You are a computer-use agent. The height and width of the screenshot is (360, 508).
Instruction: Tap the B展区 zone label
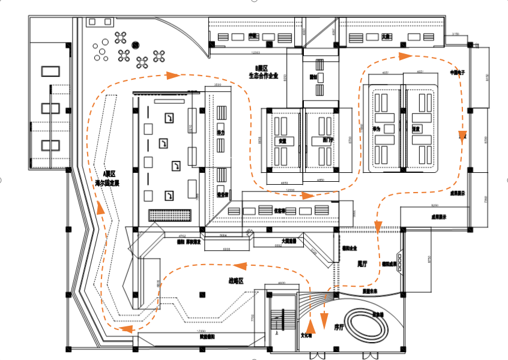pos(261,68)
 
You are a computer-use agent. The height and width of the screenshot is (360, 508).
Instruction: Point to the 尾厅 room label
pos(361,262)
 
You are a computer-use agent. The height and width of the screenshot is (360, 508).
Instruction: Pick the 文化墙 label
pos(307,335)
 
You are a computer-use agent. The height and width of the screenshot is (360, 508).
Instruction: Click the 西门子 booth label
pos(318,140)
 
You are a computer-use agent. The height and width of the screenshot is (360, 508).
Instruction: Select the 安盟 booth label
pos(282,140)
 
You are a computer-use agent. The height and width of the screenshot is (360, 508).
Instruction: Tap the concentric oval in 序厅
pos(366,326)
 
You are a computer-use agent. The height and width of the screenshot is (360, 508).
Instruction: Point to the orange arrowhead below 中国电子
pos(462,136)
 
